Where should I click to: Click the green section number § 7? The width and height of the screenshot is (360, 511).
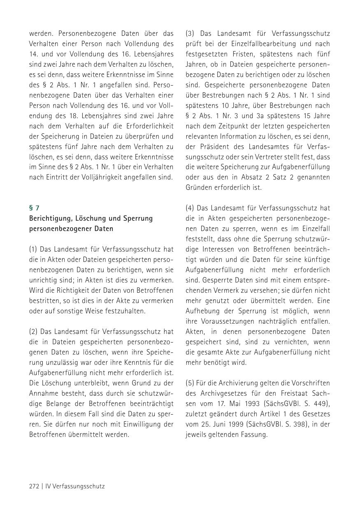pos(34,208)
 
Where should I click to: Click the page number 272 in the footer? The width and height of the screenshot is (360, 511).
pos(34,486)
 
